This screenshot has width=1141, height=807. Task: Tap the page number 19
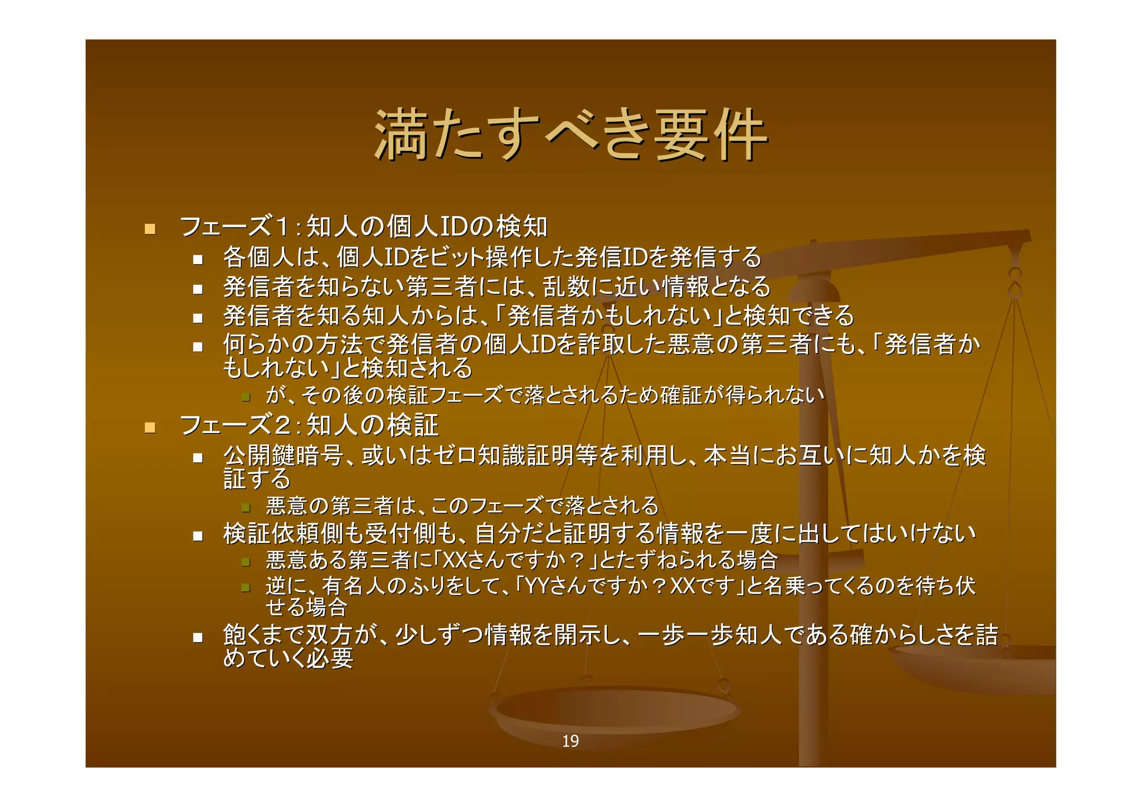pyautogui.click(x=570, y=741)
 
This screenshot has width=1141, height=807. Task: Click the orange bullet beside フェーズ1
pyautogui.click(x=149, y=229)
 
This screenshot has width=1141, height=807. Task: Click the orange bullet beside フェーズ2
pyautogui.click(x=149, y=427)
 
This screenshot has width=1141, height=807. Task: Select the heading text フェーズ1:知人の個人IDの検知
pyautogui.click(x=363, y=227)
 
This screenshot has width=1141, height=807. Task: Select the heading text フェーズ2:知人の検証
pyautogui.click(x=309, y=425)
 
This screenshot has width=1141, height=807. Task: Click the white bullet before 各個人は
pyautogui.click(x=198, y=259)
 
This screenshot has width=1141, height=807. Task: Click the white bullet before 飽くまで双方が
pyautogui.click(x=198, y=637)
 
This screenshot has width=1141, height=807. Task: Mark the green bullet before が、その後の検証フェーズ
pyautogui.click(x=245, y=397)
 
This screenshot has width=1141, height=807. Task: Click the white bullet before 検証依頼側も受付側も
pyautogui.click(x=198, y=536)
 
